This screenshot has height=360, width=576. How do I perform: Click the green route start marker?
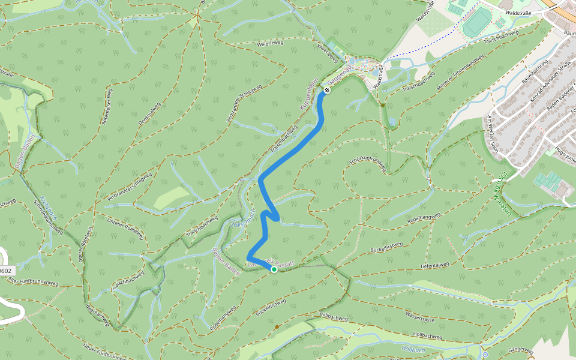[x=274, y=269]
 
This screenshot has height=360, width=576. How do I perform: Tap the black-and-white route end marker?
[x=327, y=90]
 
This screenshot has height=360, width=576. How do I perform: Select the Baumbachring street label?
[x=535, y=70]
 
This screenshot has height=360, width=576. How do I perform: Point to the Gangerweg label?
[x=520, y=350]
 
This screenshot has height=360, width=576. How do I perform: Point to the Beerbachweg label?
[x=98, y=316]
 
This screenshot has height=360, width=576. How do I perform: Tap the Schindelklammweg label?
[x=47, y=216]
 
